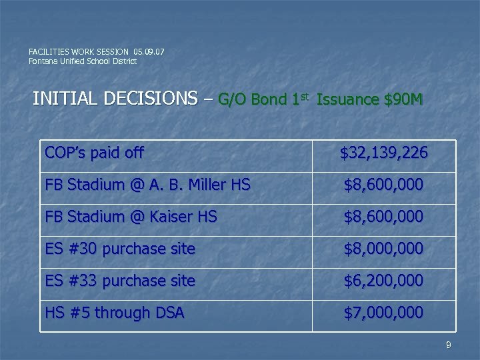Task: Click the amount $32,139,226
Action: click(x=383, y=154)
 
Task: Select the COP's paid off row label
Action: click(x=94, y=153)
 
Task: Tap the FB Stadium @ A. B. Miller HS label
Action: click(x=147, y=185)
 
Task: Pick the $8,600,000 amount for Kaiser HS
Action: click(x=383, y=217)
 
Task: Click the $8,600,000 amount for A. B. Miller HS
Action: click(x=383, y=185)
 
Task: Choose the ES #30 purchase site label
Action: click(x=120, y=249)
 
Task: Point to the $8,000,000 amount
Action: click(x=383, y=249)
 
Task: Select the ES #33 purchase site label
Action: click(x=120, y=281)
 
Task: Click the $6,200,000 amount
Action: click(x=383, y=281)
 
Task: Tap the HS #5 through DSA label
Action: click(x=114, y=313)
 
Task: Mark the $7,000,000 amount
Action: click(x=383, y=313)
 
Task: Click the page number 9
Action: click(x=449, y=345)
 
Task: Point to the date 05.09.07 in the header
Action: click(x=149, y=51)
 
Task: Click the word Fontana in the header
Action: click(x=41, y=61)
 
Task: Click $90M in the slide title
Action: click(x=403, y=100)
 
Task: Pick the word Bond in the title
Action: click(x=270, y=100)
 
